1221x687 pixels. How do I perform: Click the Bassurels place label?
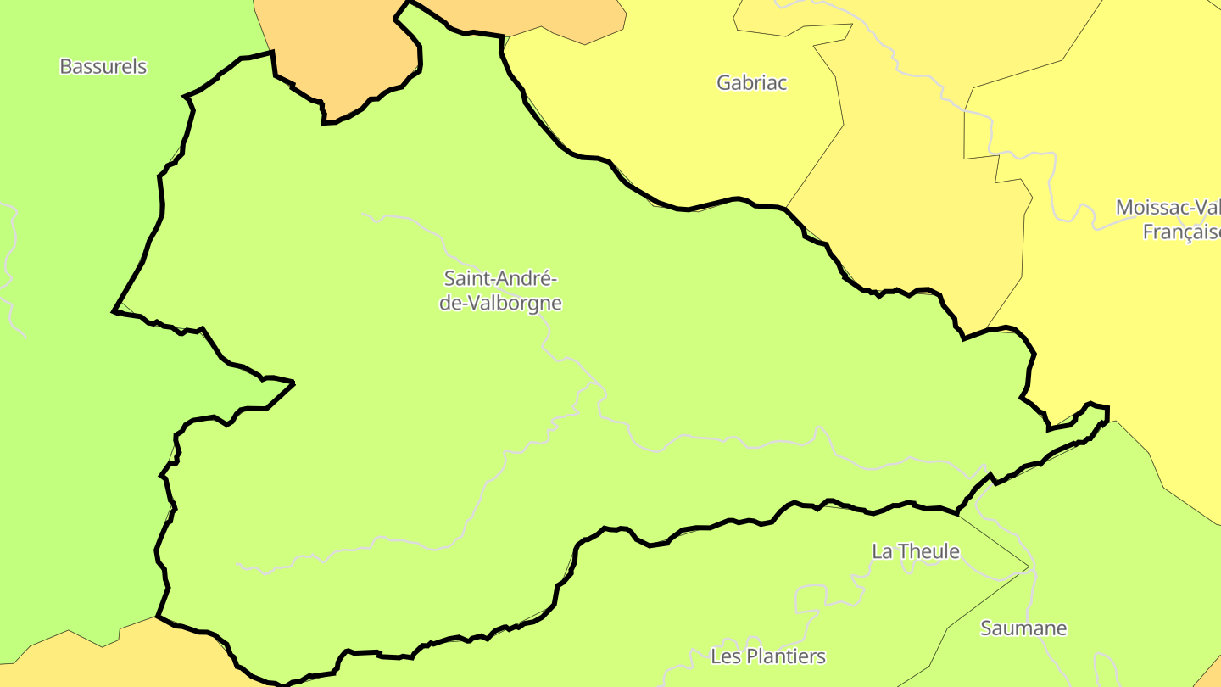pyautogui.click(x=103, y=66)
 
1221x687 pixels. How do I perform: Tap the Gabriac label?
pyautogui.click(x=751, y=82)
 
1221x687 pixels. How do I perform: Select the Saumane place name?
pyautogui.click(x=1023, y=628)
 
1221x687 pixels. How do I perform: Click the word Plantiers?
pyautogui.click(x=786, y=656)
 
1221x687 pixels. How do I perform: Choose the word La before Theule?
pyautogui.click(x=882, y=551)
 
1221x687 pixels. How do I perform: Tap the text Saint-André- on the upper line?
pyautogui.click(x=500, y=278)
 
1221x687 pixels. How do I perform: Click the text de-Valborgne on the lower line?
pyautogui.click(x=500, y=303)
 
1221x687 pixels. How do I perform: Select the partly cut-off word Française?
pyautogui.click(x=1181, y=232)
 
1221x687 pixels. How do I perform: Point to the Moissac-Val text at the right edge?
pyautogui.click(x=1168, y=208)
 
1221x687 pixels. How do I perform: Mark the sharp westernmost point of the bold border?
pyautogui.click(x=114, y=311)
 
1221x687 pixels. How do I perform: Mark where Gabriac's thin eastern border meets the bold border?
pyautogui.click(x=786, y=208)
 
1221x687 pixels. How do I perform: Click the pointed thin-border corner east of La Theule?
pyautogui.click(x=1029, y=567)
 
